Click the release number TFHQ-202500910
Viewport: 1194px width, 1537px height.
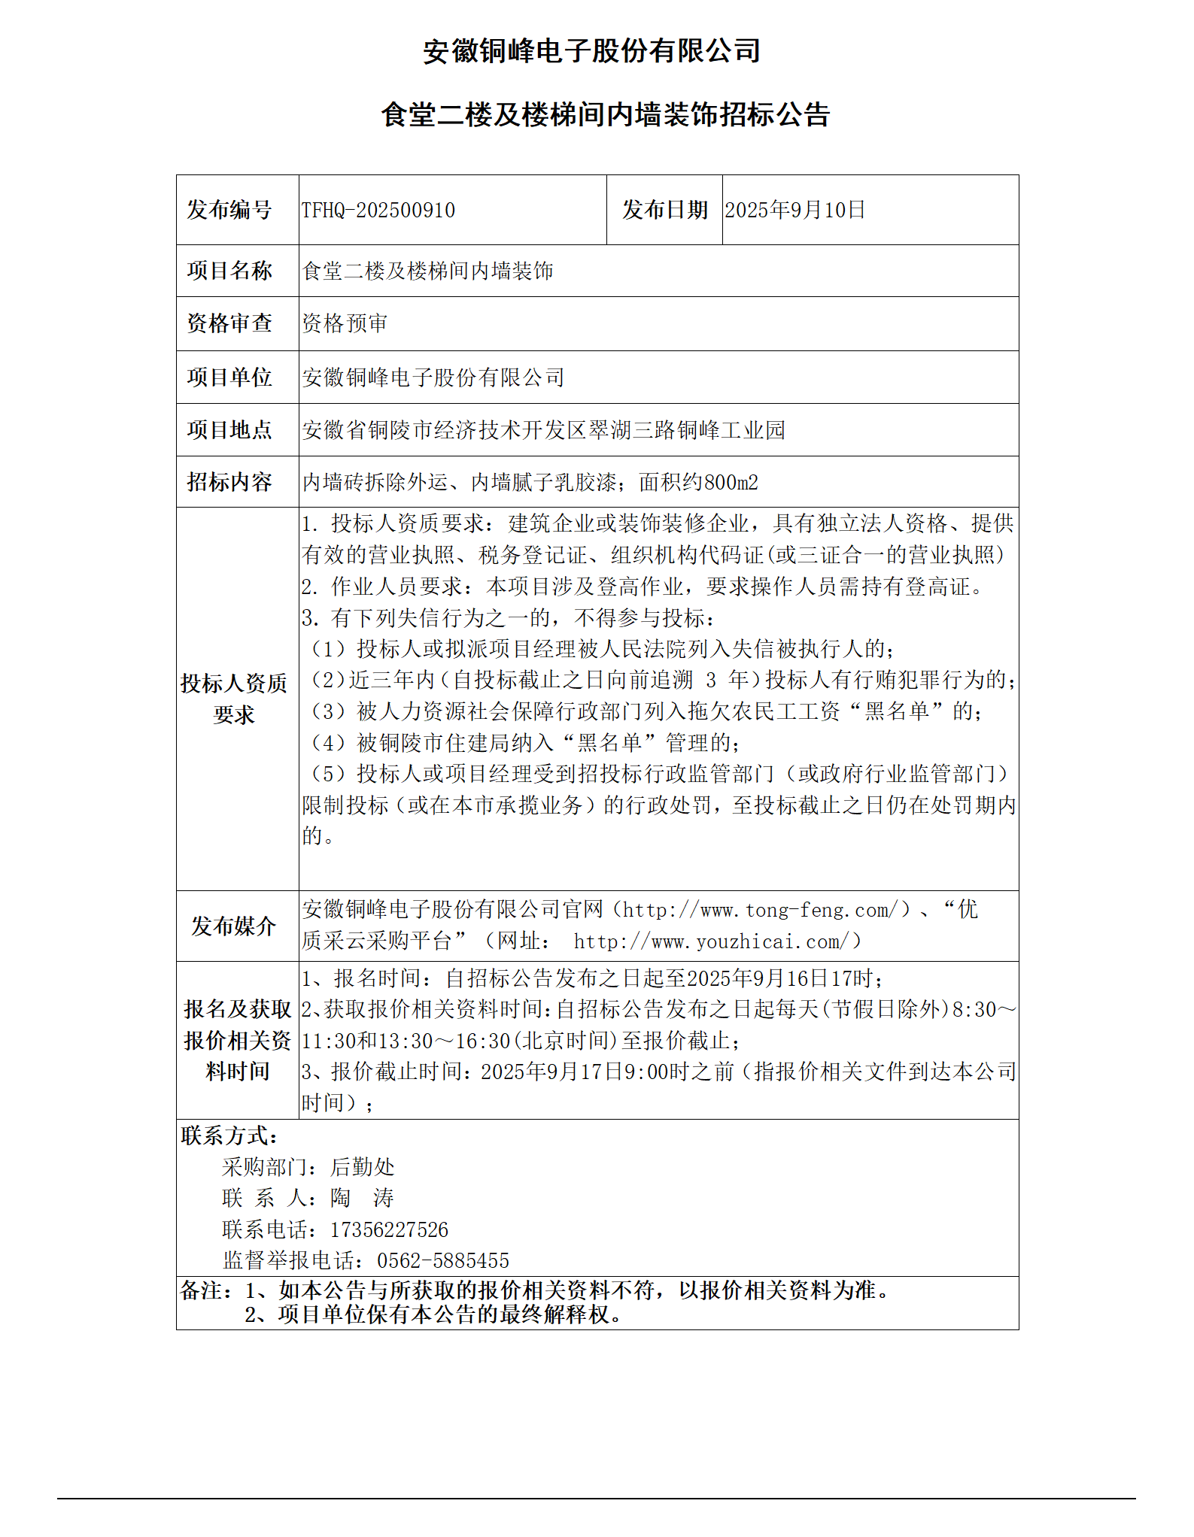pyautogui.click(x=378, y=210)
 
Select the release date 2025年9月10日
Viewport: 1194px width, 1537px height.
pyautogui.click(x=794, y=210)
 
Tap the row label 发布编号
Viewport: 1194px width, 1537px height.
pyautogui.click(x=229, y=210)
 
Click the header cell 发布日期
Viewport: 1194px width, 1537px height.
pyautogui.click(x=664, y=210)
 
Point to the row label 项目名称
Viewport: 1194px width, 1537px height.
pyautogui.click(x=229, y=271)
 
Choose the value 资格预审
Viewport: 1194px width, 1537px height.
pyautogui.click(x=345, y=323)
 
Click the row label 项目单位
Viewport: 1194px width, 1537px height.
pyautogui.click(x=229, y=377)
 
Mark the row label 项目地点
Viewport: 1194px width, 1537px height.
pyautogui.click(x=229, y=429)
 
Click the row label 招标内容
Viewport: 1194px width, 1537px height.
pyautogui.click(x=229, y=482)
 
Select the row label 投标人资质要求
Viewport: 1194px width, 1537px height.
pyautogui.click(x=234, y=699)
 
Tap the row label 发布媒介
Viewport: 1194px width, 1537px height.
pyautogui.click(x=233, y=926)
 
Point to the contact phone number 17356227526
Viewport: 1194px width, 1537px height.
pyautogui.click(x=389, y=1229)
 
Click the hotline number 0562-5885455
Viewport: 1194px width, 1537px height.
pyautogui.click(x=442, y=1260)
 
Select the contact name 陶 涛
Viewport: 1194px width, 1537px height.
pyautogui.click(x=362, y=1198)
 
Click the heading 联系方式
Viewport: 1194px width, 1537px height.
pyautogui.click(x=229, y=1135)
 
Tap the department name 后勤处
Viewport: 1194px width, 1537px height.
pyautogui.click(x=362, y=1166)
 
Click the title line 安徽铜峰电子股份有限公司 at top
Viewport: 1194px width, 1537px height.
pyautogui.click(x=591, y=51)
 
